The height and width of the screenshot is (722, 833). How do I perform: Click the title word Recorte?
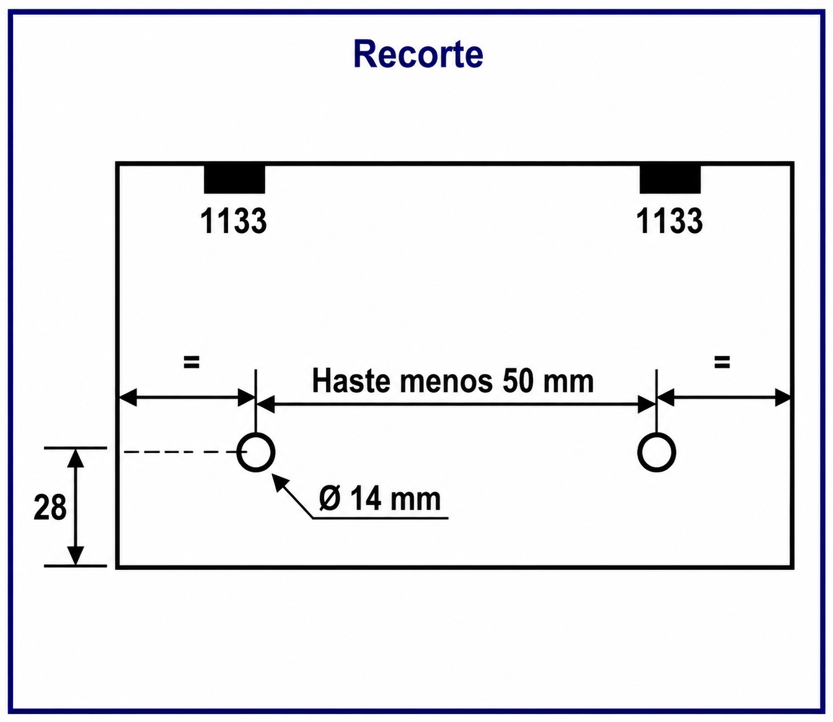pyautogui.click(x=418, y=54)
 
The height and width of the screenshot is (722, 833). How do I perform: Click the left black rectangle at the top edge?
pyautogui.click(x=234, y=179)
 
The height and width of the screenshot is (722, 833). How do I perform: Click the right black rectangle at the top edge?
pyautogui.click(x=670, y=179)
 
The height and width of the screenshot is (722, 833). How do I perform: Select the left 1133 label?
pyautogui.click(x=233, y=221)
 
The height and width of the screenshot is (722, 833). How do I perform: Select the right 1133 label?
pyautogui.click(x=669, y=221)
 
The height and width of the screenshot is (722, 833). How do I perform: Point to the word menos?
pyautogui.click(x=446, y=383)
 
